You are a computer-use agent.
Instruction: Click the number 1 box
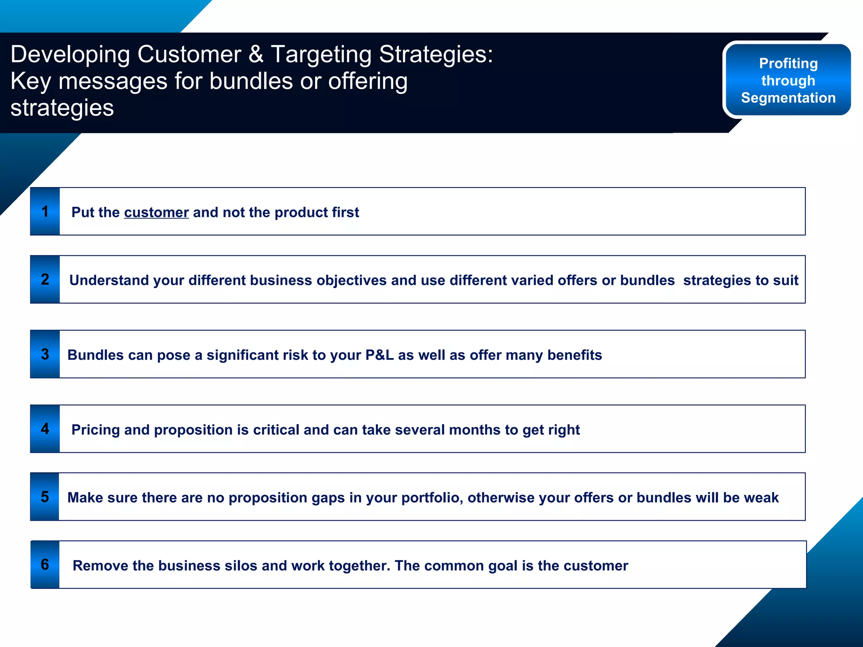pyautogui.click(x=45, y=211)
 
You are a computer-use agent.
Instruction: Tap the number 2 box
pyautogui.click(x=45, y=279)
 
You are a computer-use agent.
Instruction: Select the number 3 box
pyautogui.click(x=45, y=354)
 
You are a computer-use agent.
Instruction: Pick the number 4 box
pyautogui.click(x=45, y=429)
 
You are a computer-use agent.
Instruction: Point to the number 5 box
pyautogui.click(x=45, y=497)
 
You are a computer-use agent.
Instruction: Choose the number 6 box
pyautogui.click(x=45, y=565)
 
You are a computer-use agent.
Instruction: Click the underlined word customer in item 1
pyautogui.click(x=156, y=212)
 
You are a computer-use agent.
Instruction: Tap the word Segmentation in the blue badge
pyautogui.click(x=788, y=98)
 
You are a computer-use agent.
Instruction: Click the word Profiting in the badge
pyautogui.click(x=788, y=63)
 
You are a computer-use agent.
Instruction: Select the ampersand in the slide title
pyautogui.click(x=256, y=54)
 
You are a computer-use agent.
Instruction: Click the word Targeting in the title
pyautogui.click(x=321, y=54)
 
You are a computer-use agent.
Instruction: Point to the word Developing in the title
pyautogui.click(x=70, y=54)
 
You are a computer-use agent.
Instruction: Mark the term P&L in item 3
pyautogui.click(x=379, y=355)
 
